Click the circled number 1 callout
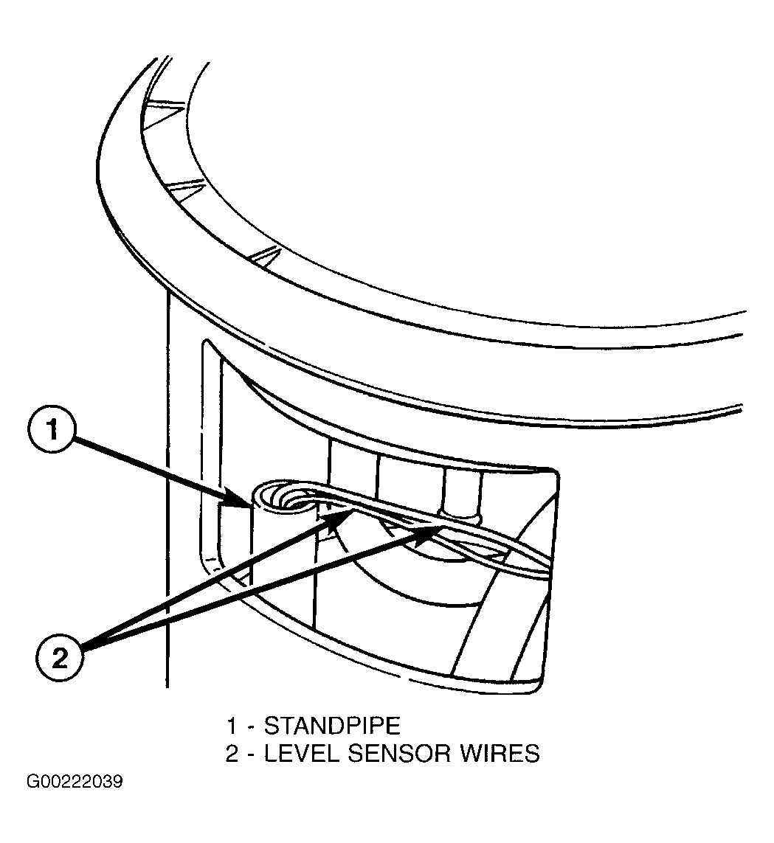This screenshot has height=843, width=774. click(x=52, y=431)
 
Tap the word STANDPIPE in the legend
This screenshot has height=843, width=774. click(x=332, y=726)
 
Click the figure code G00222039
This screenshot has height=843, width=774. click(x=75, y=781)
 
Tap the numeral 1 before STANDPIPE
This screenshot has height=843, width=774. click(x=232, y=726)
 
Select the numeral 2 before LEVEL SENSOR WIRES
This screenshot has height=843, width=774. click(x=232, y=753)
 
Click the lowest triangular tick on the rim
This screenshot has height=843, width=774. click(x=269, y=256)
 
